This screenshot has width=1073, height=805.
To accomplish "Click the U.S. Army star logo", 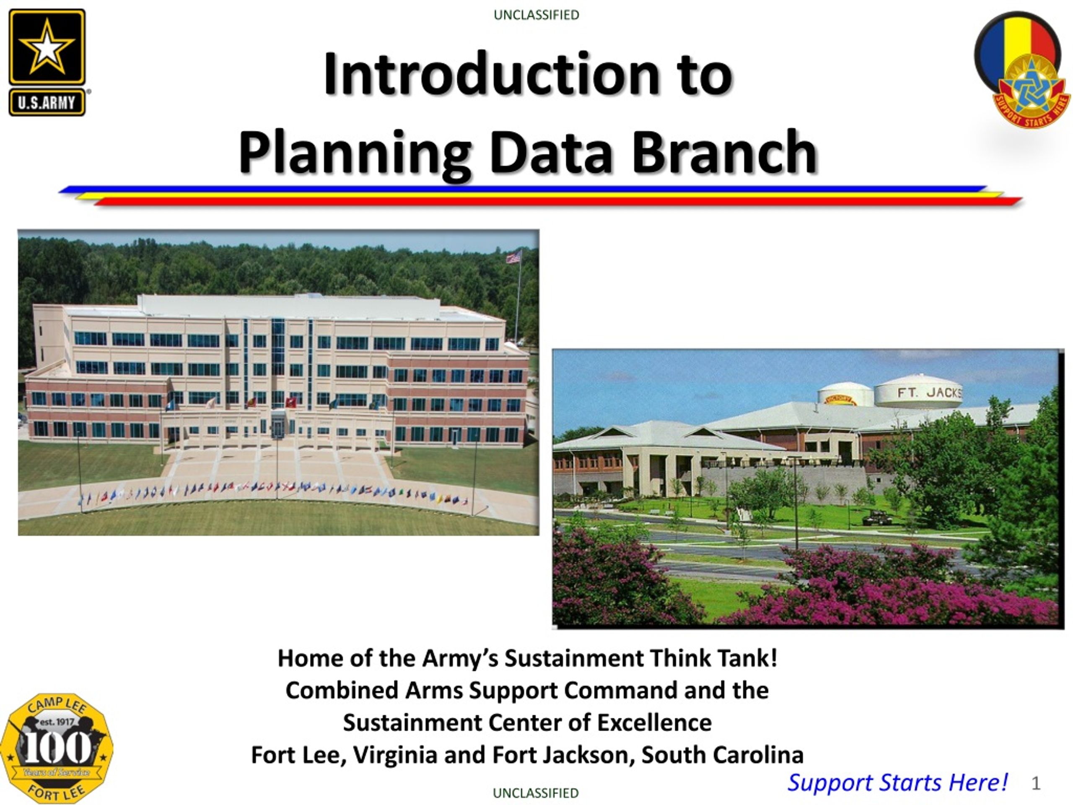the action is click(x=47, y=62).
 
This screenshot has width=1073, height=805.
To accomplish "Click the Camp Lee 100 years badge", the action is click(x=56, y=748).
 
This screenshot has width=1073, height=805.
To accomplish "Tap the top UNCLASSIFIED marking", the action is click(x=536, y=15).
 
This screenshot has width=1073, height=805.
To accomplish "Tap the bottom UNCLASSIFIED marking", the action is click(x=536, y=793).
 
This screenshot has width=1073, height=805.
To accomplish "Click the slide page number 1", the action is click(x=1036, y=783).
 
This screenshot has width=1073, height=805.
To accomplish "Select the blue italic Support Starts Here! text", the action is click(x=897, y=782).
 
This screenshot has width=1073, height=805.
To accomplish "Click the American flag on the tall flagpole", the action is click(x=514, y=257).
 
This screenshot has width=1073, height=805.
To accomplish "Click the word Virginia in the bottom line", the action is click(x=395, y=755).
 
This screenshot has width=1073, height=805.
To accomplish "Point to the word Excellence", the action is click(x=654, y=722).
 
